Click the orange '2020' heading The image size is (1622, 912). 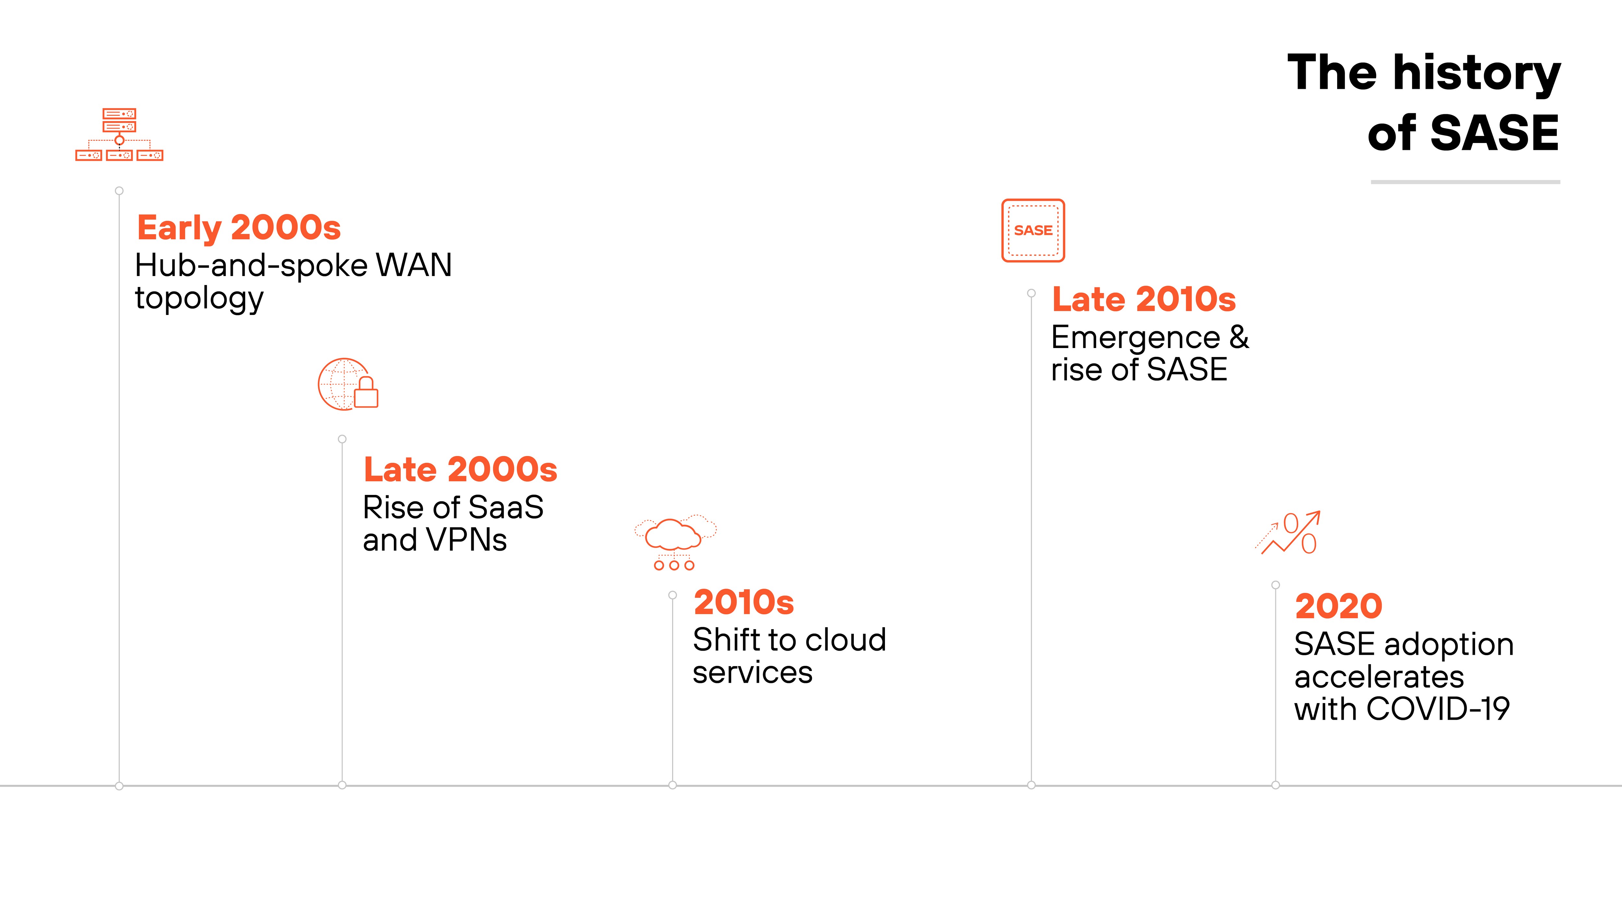click(x=1338, y=606)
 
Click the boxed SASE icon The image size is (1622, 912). click(x=1033, y=230)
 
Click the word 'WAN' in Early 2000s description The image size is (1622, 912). click(x=414, y=265)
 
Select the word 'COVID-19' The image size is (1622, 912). click(x=1438, y=709)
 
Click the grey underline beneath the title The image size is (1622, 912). click(x=1465, y=182)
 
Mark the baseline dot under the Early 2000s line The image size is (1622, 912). click(x=119, y=786)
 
